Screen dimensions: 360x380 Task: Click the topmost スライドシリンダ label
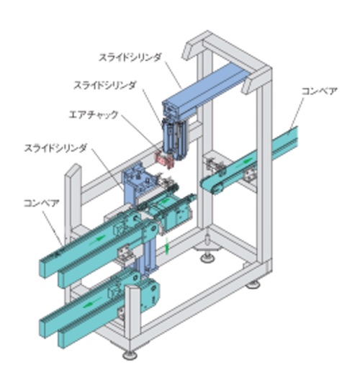130,58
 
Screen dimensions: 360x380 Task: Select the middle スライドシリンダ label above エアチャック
104,86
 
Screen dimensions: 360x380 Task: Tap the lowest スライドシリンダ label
55,148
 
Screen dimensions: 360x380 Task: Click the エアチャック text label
94,114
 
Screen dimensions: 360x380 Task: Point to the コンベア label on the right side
319,91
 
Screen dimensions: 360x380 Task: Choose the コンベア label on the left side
42,203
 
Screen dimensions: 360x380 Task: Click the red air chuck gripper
165,160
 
